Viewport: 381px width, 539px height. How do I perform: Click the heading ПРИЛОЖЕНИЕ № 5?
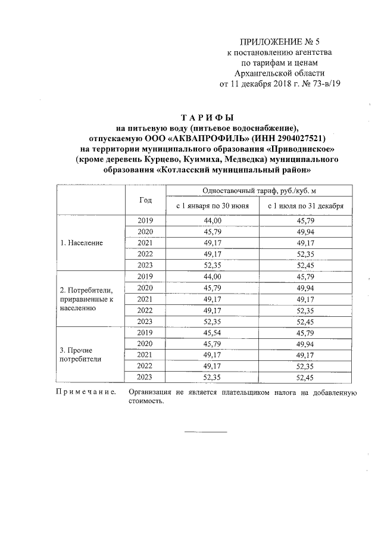pyautogui.click(x=279, y=42)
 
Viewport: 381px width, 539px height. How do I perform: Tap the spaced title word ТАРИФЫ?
pyautogui.click(x=206, y=117)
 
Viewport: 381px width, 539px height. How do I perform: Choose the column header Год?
pyautogui.click(x=146, y=200)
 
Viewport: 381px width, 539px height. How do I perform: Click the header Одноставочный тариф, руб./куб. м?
pyautogui.click(x=259, y=190)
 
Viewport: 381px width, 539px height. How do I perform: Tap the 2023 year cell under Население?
pyautogui.click(x=146, y=265)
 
